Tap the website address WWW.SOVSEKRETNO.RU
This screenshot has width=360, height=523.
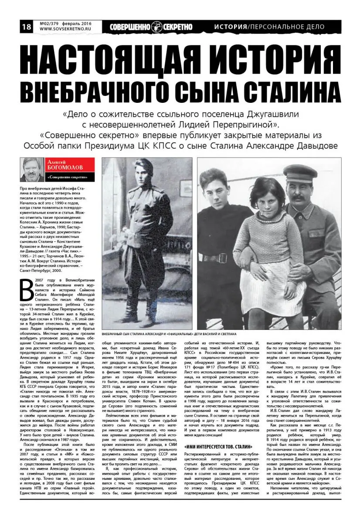64,30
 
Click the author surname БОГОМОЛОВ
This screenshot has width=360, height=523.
65,167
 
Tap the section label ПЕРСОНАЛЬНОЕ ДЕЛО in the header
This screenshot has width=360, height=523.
287,27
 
